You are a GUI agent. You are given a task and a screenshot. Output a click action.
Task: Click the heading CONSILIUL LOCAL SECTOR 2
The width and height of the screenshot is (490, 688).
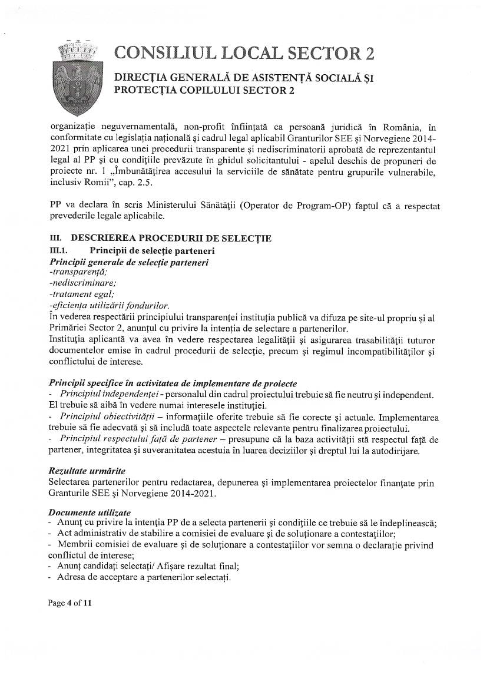point(244,53)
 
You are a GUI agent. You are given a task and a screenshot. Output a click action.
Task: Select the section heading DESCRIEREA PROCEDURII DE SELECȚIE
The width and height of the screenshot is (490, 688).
point(171,238)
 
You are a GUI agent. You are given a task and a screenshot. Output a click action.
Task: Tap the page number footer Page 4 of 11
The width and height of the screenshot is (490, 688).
point(71,603)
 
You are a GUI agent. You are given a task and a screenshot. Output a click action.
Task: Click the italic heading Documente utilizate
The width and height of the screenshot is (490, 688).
point(90,512)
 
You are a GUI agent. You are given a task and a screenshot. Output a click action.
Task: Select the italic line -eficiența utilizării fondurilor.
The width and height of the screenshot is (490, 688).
point(110,305)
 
